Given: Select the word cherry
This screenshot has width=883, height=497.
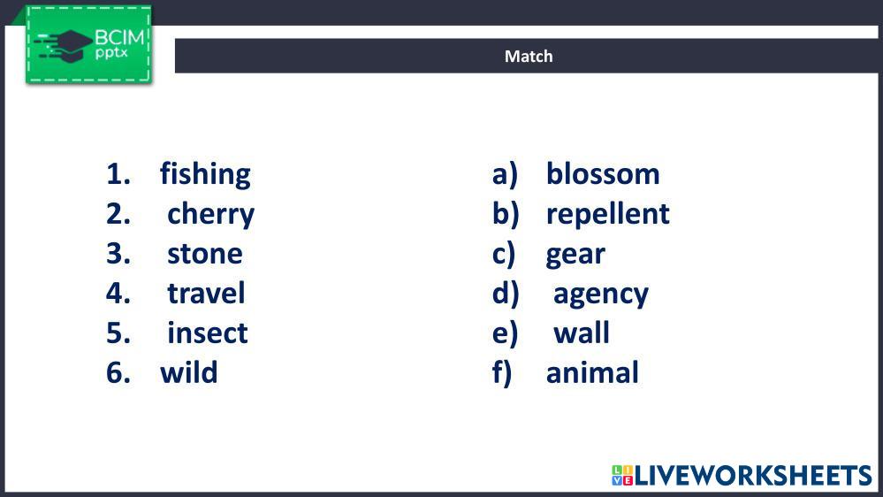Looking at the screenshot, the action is point(210,215).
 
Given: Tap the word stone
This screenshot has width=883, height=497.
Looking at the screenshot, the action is point(205,254).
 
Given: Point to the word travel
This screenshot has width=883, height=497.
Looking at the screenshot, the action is point(206,293).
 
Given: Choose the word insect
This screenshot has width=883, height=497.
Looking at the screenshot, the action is point(207,333).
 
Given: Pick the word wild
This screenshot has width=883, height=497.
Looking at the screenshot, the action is point(188,372).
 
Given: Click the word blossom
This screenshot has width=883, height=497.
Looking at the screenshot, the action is point(603,173).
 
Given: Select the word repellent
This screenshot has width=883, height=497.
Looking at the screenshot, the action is point(607,215).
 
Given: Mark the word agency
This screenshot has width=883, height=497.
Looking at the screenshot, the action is point(601,294).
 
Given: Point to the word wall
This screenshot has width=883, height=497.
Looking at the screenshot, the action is point(582,333).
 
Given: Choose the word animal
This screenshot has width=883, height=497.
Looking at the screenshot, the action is point(592,372).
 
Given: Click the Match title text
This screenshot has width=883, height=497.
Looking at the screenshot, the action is point(529,57).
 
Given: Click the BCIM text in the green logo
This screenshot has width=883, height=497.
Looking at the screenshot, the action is point(119,38).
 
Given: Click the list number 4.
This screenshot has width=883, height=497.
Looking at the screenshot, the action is point(118,293).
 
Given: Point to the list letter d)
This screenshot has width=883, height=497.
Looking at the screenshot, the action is point(505,294).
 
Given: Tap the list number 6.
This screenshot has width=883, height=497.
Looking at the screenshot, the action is point(118,372).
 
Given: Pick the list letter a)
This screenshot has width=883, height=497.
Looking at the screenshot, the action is point(505,175).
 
